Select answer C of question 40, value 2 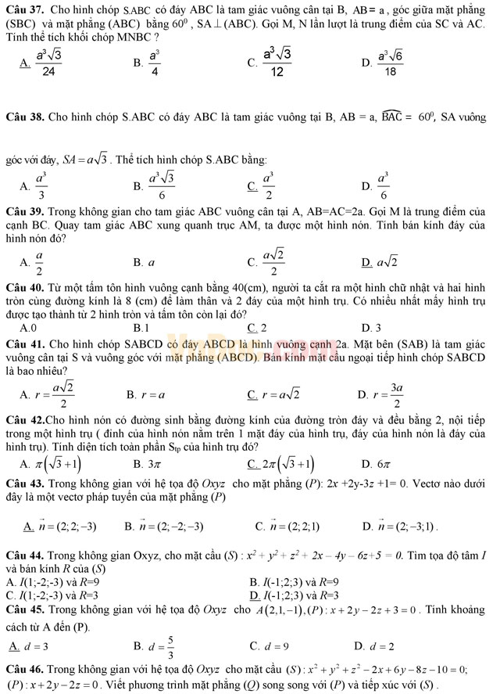click(x=262, y=328)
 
